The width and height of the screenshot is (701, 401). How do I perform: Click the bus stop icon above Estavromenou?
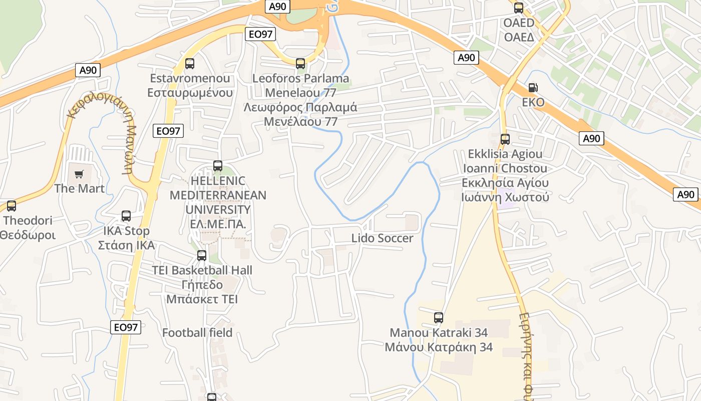(190, 64)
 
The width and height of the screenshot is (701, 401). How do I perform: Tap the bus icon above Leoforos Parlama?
(300, 64)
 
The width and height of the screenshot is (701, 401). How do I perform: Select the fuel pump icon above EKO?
(533, 88)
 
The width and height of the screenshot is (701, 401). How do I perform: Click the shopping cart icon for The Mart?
(79, 174)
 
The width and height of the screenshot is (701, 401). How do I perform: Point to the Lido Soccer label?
(382, 238)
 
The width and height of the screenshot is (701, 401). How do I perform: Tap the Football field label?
(197, 332)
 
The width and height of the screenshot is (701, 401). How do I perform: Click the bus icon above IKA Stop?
(126, 216)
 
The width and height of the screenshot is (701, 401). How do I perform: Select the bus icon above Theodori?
(12, 206)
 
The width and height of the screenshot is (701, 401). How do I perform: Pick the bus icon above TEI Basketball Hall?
(202, 256)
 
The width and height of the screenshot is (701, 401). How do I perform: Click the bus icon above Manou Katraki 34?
(439, 317)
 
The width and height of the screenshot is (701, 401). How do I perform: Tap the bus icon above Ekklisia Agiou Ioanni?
(505, 139)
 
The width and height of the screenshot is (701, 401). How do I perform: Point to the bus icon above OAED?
(519, 8)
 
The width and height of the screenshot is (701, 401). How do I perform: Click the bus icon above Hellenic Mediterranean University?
(218, 165)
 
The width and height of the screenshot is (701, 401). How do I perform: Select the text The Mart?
(79, 188)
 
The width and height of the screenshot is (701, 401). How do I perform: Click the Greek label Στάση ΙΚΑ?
(126, 246)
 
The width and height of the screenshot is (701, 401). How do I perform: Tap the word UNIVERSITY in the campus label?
(218, 210)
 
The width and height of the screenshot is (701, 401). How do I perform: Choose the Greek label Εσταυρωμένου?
(190, 93)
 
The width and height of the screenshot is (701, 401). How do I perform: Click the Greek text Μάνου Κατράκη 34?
(439, 347)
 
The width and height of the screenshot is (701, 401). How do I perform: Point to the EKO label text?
(533, 102)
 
